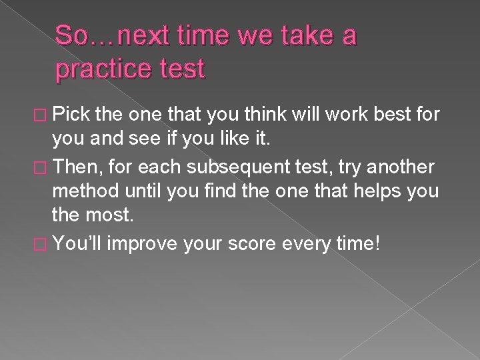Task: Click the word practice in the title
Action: pyautogui.click(x=97, y=70)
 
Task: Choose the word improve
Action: pyautogui.click(x=141, y=245)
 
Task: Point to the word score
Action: pyautogui.click(x=251, y=245)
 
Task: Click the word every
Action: pyautogui.click(x=309, y=245)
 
